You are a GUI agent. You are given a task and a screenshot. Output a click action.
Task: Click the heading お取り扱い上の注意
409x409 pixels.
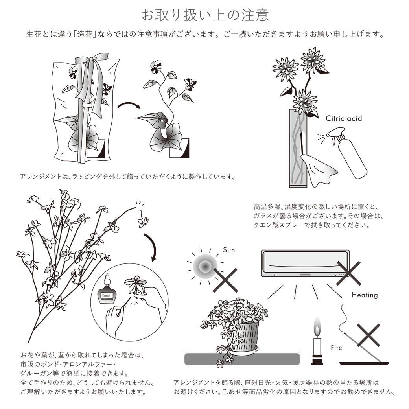205,15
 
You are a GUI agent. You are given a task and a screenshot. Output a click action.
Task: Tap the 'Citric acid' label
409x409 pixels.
344,118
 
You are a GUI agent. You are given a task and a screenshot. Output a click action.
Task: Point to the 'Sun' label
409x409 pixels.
229,250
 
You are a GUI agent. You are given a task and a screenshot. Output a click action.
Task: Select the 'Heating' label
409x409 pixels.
365,295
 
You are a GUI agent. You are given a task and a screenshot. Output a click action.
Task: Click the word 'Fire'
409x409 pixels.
336,348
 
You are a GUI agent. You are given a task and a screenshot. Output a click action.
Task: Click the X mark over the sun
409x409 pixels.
225,280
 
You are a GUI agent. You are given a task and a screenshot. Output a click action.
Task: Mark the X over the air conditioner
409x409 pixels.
348,273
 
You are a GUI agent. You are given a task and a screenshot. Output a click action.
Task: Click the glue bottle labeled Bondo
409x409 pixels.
107,290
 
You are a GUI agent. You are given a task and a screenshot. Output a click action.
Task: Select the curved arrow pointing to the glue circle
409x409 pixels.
152,245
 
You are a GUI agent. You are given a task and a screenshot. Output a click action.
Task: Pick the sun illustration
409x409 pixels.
205,266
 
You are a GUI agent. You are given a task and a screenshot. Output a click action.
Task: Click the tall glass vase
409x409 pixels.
298,148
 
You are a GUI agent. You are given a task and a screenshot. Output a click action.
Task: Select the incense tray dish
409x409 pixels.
364,363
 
